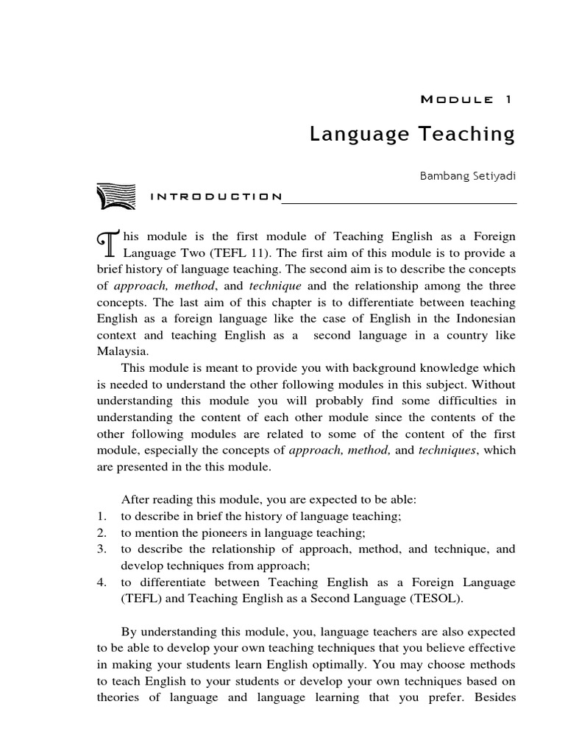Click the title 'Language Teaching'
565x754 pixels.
point(412,134)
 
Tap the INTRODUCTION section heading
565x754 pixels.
point(216,197)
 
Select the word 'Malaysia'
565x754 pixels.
point(121,351)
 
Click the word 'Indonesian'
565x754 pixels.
point(487,319)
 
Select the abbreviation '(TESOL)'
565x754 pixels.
point(438,599)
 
